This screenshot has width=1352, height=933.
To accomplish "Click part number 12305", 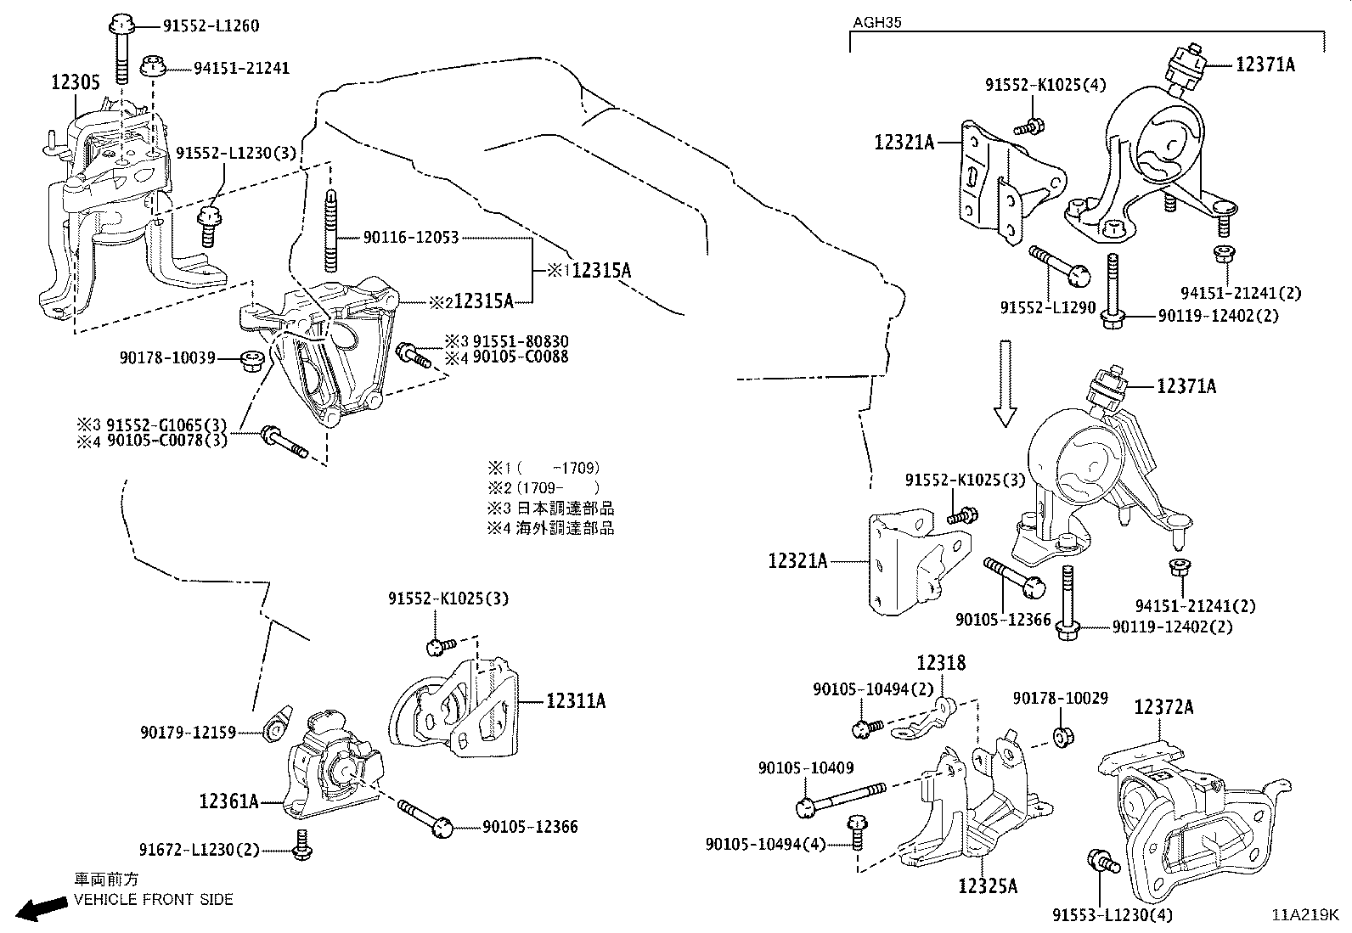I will [x=76, y=82].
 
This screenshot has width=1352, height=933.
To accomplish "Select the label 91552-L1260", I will [x=211, y=25].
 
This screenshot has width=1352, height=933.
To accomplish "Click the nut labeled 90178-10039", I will [x=251, y=359].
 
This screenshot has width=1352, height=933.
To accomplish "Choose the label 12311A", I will [x=575, y=701].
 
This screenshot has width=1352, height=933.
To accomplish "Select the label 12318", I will [x=941, y=663].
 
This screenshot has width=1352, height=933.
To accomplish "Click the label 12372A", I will [x=1163, y=707].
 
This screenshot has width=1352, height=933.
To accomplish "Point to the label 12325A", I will [x=987, y=886].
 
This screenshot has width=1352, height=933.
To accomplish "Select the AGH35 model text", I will [x=877, y=23].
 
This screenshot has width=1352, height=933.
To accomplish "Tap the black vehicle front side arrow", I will [x=43, y=908].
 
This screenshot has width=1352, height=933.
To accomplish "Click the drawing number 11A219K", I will [x=1304, y=915].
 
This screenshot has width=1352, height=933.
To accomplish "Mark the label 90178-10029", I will [x=1060, y=698].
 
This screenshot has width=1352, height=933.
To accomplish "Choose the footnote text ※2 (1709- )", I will [x=543, y=487].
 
